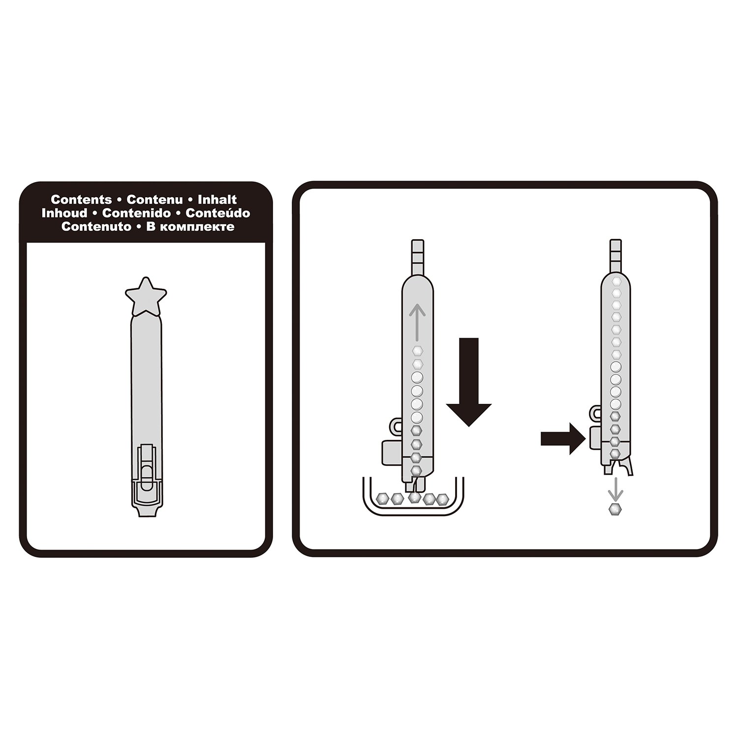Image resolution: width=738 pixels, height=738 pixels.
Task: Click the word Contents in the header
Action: click(81, 200)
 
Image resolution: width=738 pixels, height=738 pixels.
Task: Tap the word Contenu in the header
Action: click(154, 200)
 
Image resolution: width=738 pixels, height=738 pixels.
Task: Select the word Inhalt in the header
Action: click(217, 200)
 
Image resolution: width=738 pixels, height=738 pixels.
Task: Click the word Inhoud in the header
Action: click(64, 213)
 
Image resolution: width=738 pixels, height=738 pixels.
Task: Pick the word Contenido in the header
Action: click(137, 213)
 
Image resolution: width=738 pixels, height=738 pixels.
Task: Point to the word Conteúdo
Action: click(218, 213)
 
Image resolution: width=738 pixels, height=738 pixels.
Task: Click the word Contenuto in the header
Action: click(96, 227)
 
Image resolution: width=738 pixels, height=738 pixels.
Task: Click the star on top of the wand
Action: click(146, 296)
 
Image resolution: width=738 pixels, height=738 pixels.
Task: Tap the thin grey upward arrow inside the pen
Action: click(417, 322)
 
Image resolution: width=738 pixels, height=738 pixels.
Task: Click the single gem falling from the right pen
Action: click(615, 509)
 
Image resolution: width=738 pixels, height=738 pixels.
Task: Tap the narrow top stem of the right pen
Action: click(615, 255)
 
